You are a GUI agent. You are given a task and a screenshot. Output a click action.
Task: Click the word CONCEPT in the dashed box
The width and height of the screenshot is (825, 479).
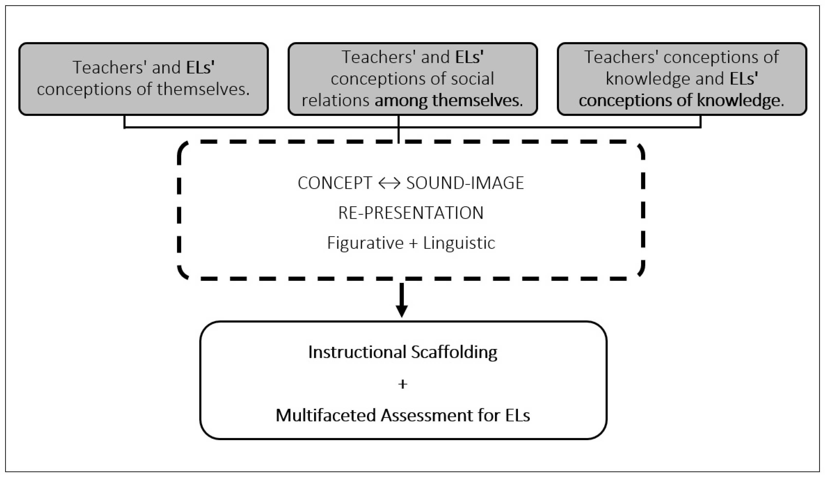(x=335, y=183)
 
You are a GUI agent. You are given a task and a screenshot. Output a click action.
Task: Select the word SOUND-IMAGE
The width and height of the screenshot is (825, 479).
(x=465, y=183)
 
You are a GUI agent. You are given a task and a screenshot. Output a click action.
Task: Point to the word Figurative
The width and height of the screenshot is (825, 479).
(x=365, y=243)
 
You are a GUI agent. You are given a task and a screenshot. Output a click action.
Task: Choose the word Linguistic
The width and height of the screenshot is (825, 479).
(x=459, y=243)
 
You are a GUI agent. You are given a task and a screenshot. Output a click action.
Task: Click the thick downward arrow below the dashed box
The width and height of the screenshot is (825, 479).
(x=402, y=300)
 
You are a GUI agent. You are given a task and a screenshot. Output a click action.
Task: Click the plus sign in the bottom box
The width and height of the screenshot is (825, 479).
(x=403, y=384)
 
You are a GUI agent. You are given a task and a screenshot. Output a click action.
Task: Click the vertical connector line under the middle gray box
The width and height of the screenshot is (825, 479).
(x=398, y=129)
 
